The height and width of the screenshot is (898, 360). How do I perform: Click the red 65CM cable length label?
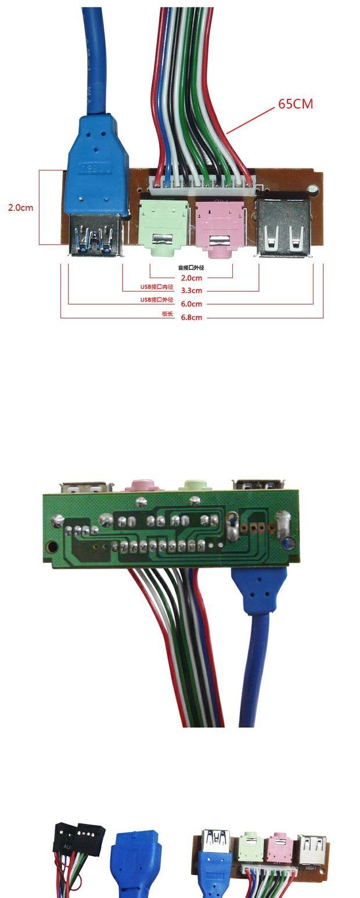[x=296, y=104]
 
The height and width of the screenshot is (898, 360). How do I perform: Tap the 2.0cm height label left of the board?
[x=20, y=207]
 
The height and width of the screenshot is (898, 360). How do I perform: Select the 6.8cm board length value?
[x=192, y=318]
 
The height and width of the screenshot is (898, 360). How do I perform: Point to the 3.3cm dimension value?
[x=192, y=290]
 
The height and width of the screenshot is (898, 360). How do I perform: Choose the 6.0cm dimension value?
[x=192, y=304]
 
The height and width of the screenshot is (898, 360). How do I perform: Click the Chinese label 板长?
[x=167, y=314]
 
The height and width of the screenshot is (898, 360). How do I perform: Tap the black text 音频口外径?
[x=191, y=268]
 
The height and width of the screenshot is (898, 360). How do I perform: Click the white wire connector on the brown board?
[x=201, y=185]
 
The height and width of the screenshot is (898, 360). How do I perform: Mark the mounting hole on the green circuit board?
[x=53, y=547]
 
